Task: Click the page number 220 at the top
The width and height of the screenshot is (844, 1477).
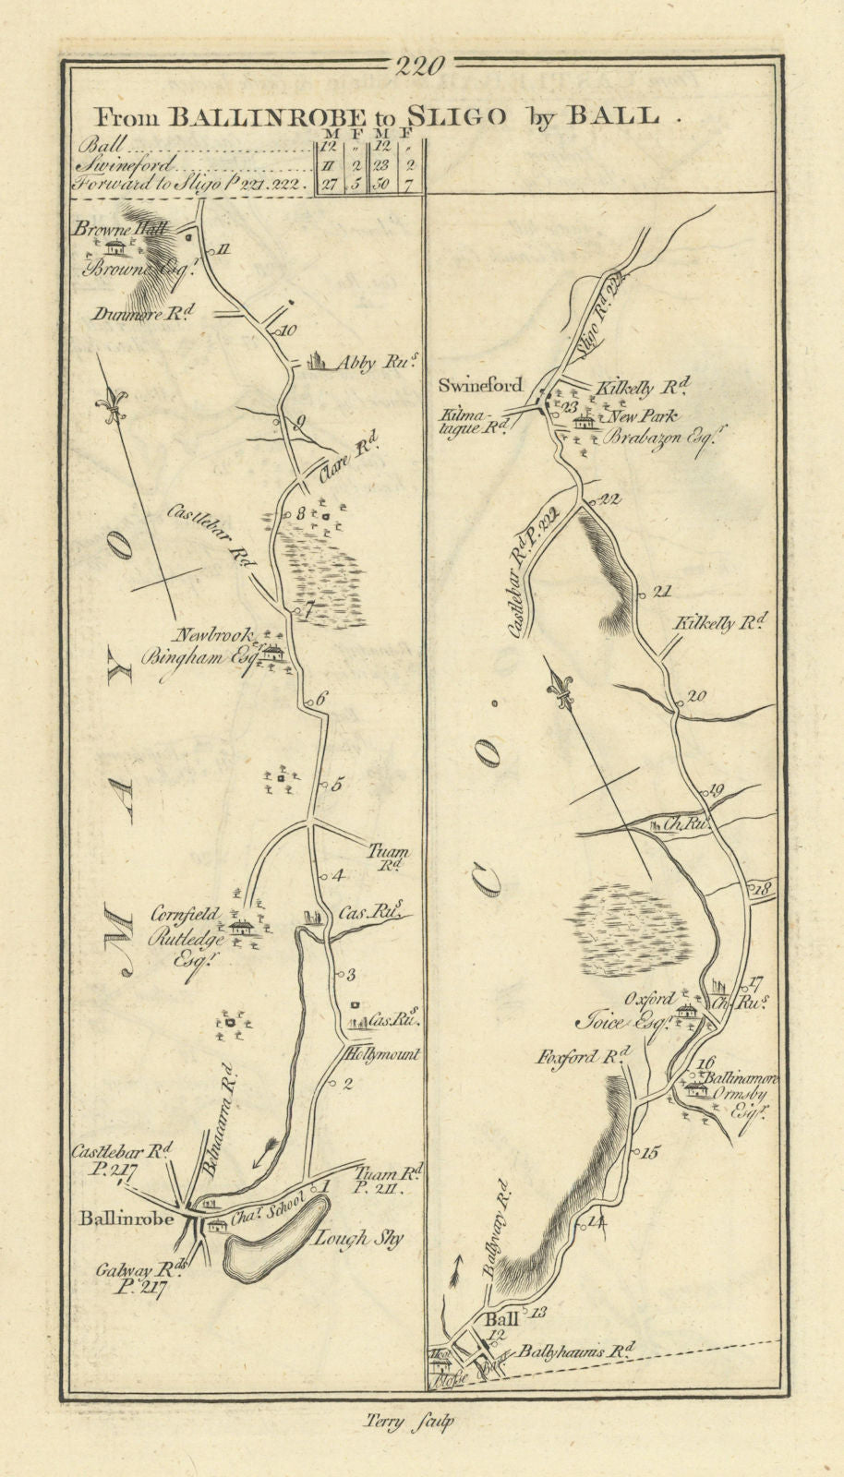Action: tap(420, 66)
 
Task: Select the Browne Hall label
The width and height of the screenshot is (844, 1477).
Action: tap(124, 230)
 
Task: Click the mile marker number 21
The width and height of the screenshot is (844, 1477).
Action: tap(661, 593)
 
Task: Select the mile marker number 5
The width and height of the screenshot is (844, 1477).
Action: tap(336, 786)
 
